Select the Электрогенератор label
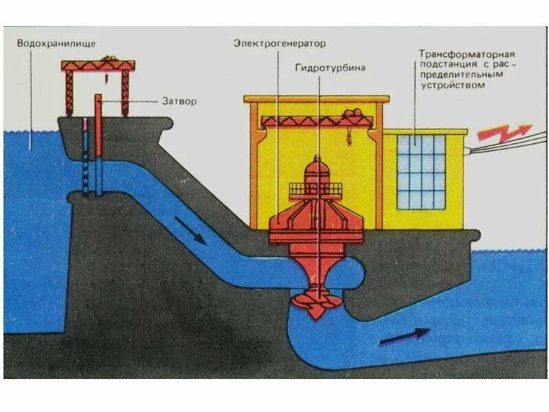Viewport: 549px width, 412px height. point(279,43)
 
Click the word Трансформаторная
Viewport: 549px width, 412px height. point(467,53)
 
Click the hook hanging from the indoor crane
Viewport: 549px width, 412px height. point(349,141)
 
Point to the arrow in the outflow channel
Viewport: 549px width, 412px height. point(404,336)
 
